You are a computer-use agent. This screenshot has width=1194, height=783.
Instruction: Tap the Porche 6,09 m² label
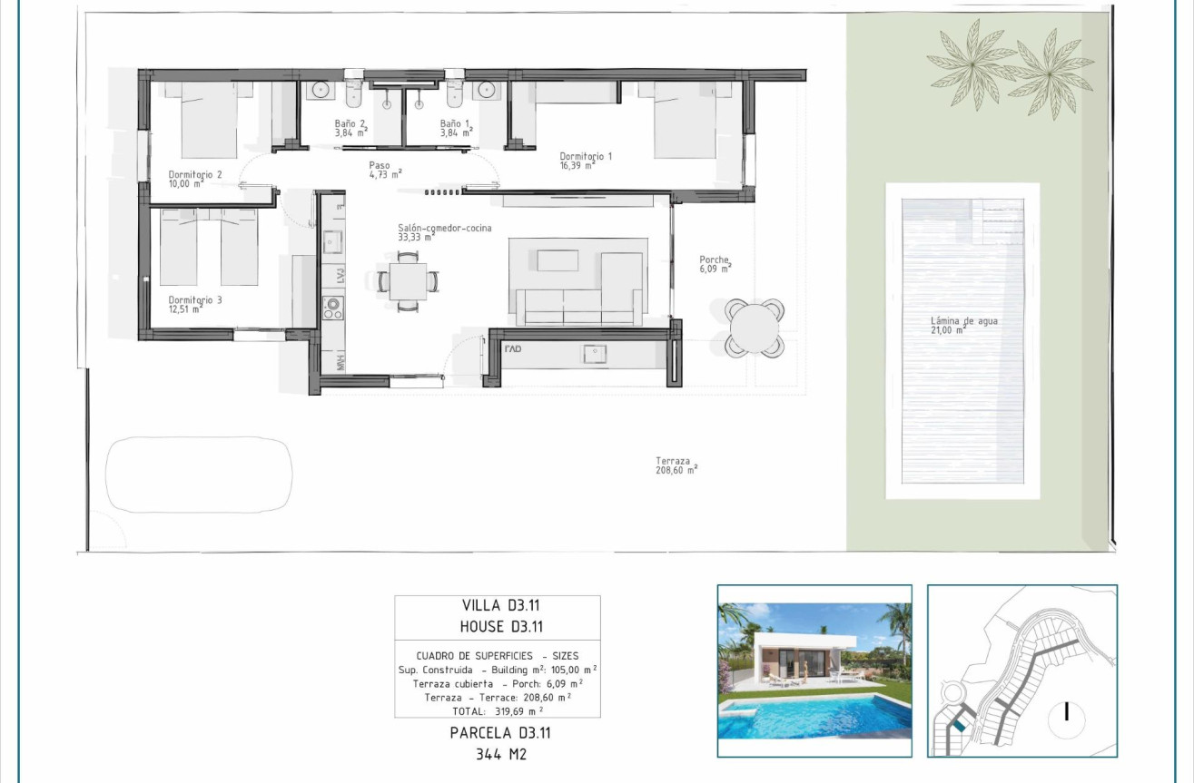click(x=715, y=263)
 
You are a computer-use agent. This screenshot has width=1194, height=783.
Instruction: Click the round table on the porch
click(x=755, y=328)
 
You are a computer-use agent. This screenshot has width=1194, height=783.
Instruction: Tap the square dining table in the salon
click(x=409, y=281)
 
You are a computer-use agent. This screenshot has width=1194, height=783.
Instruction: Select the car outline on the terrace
click(x=200, y=476)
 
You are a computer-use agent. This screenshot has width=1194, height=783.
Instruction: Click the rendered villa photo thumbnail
click(x=814, y=670)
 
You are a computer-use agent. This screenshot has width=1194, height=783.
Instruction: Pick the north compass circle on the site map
click(x=1067, y=713)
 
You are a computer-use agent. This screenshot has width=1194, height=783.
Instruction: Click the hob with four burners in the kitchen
click(x=331, y=309)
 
